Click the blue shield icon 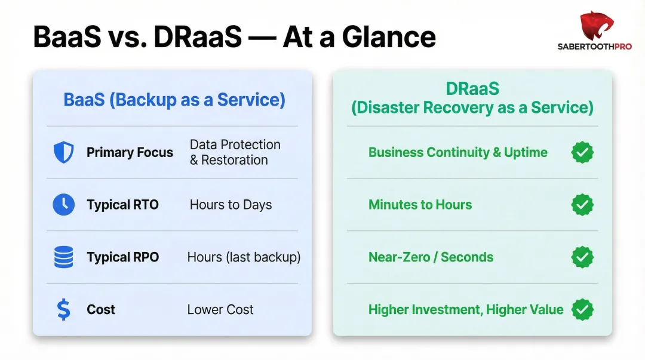[63, 152]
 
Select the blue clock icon [63, 205]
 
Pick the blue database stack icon [63, 257]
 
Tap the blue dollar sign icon [63, 310]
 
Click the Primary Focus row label [130, 152]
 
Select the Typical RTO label [122, 205]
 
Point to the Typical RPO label [122, 257]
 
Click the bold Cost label [101, 310]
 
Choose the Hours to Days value [231, 205]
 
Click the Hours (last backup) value [244, 257]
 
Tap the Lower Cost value [220, 310]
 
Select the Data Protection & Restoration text [235, 152]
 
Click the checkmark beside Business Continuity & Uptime [582, 152]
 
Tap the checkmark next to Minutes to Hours [582, 205]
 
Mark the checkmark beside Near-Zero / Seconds [582, 257]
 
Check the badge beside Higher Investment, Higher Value [582, 310]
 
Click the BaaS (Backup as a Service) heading [174, 99]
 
